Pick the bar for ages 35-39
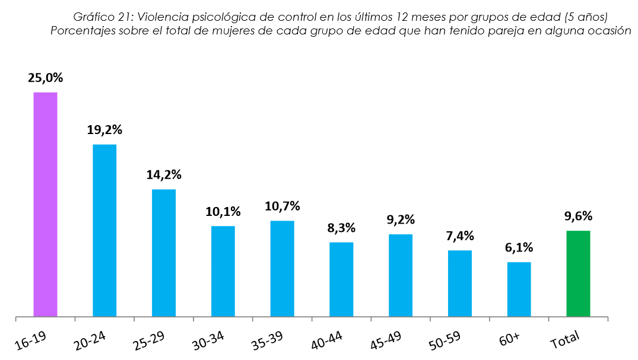click(282, 268)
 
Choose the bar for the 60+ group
click(519, 289)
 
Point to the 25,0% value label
click(45, 78)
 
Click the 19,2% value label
click(104, 130)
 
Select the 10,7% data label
click(282, 206)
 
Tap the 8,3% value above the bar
click(341, 228)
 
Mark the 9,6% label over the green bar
click(578, 216)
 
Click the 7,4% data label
click(460, 236)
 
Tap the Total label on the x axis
click(566, 340)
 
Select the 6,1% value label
click(519, 248)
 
